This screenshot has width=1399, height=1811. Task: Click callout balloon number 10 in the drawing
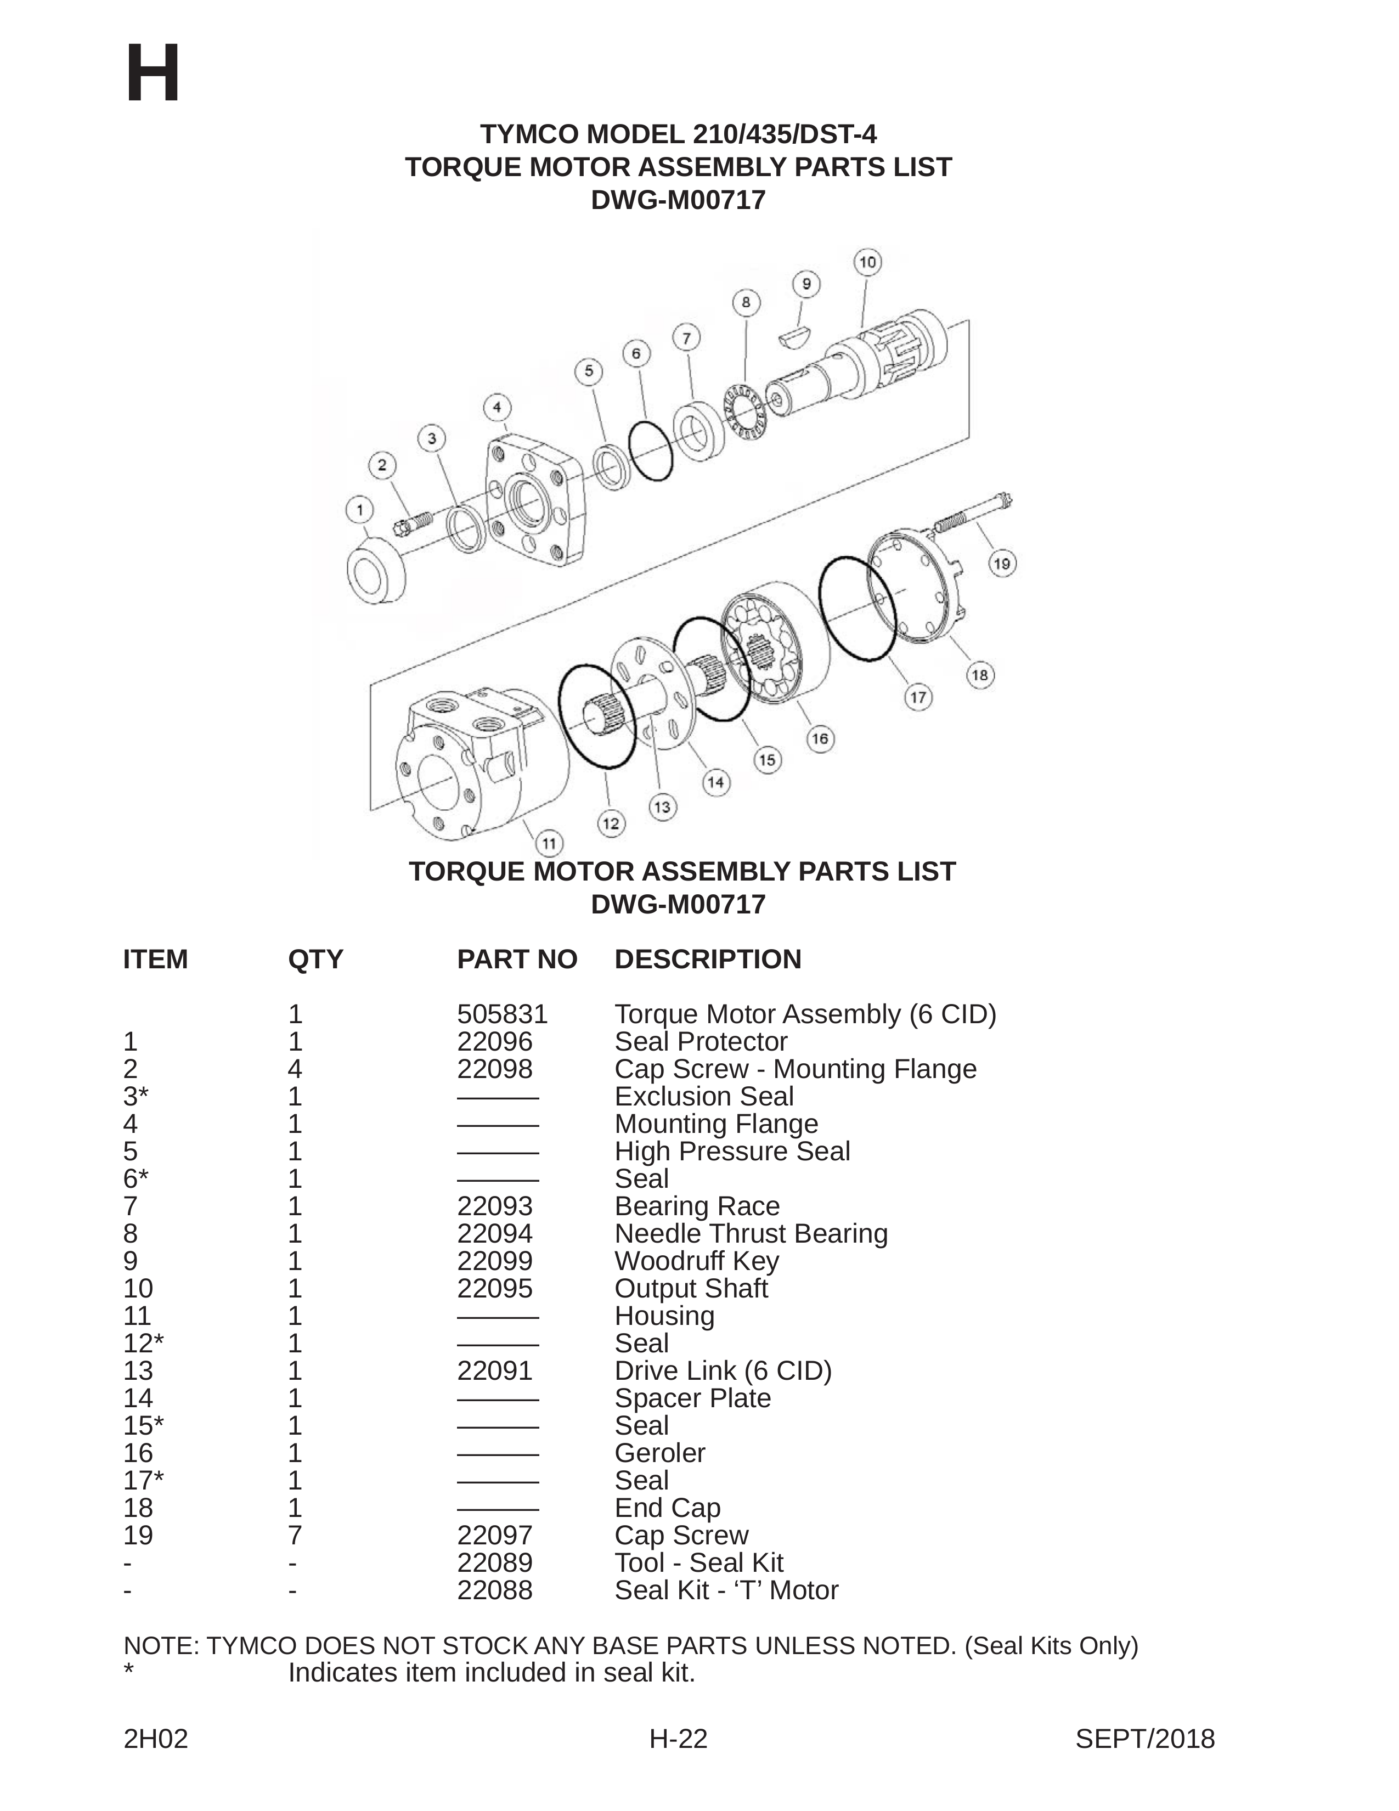[x=867, y=263]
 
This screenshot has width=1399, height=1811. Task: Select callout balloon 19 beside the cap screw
[x=1002, y=564]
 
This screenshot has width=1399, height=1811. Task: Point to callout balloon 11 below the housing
[x=548, y=843]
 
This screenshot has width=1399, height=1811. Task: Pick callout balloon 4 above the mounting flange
[x=497, y=407]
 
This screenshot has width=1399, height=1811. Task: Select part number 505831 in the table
[x=503, y=1014]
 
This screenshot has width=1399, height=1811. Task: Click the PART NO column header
[x=517, y=960]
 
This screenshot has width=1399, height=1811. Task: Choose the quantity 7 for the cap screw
[x=295, y=1535]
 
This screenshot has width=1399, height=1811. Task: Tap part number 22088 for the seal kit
[x=494, y=1589]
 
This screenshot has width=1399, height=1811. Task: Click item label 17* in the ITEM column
[x=143, y=1480]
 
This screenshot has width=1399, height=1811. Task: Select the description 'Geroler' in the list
[x=660, y=1453]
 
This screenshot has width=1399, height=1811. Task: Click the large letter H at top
[x=153, y=75]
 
